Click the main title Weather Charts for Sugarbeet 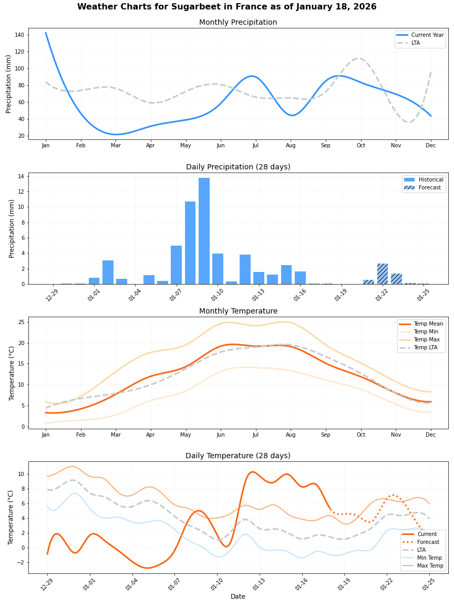click(226, 7)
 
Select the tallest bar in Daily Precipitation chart click(204, 231)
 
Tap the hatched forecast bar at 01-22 click(383, 274)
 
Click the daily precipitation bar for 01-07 click(177, 265)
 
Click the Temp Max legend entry click(427, 340)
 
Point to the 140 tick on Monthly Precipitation click(19, 35)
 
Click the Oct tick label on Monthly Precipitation click(360, 146)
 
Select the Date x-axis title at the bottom click(238, 597)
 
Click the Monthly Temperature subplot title click(238, 311)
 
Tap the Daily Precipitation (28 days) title click(238, 167)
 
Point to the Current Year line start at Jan click(46, 33)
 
